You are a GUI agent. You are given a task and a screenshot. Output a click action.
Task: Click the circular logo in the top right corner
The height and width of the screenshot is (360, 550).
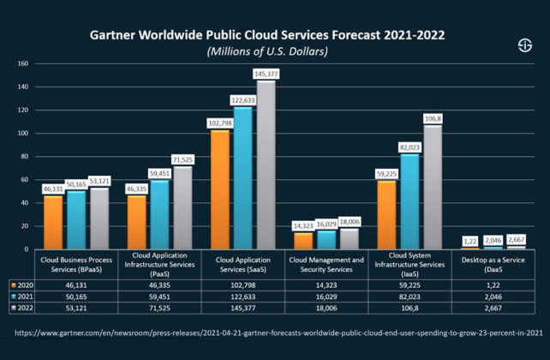pyautogui.click(x=523, y=45)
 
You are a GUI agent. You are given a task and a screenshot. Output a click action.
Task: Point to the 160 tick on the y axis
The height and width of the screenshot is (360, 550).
pyautogui.click(x=23, y=63)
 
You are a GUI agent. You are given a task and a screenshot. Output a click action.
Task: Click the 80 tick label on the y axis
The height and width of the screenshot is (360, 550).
pyautogui.click(x=23, y=157)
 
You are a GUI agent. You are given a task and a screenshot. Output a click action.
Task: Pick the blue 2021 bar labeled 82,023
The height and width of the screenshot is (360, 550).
pyautogui.click(x=410, y=201)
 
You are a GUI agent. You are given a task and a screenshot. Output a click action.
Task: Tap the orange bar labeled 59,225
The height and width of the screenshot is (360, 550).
pyautogui.click(x=386, y=214)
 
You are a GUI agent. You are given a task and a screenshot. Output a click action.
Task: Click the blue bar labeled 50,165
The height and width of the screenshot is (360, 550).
pyautogui.click(x=77, y=220)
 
